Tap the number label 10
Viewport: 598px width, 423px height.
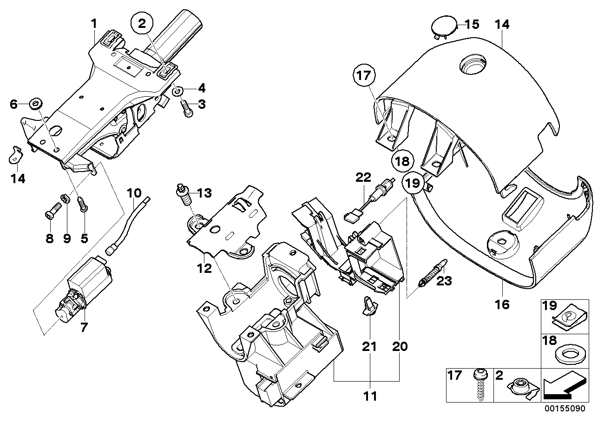(133, 192)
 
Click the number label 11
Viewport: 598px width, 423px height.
(370, 397)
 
